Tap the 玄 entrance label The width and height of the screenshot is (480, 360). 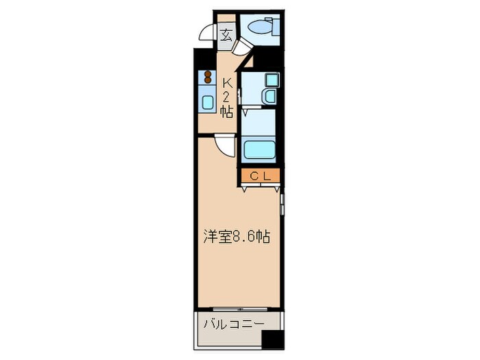(x=226, y=34)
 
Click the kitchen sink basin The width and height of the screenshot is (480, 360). (x=207, y=102)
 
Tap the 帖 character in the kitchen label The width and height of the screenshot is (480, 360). (x=226, y=111)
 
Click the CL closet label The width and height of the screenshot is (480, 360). (x=261, y=176)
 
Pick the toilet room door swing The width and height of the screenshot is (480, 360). (x=241, y=47)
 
